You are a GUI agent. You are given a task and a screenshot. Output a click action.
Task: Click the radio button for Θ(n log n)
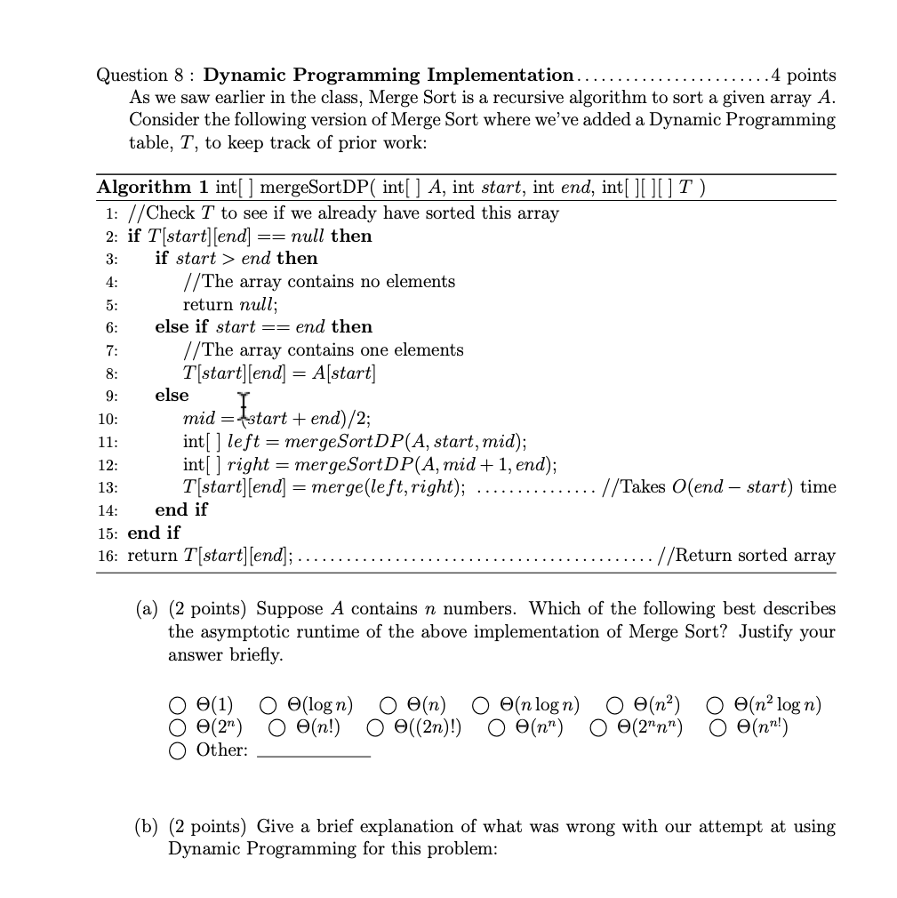click(x=481, y=706)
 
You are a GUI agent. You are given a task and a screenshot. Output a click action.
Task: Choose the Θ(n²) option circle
click(x=615, y=706)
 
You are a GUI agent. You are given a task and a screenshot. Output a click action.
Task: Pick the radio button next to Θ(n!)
click(x=277, y=728)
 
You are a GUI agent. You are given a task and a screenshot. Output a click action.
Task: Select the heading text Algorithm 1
click(x=152, y=188)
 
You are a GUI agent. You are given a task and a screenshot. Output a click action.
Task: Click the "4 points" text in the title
click(x=804, y=75)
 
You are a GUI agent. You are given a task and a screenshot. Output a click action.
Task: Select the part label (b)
click(x=147, y=827)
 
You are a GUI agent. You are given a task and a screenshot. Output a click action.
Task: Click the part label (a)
click(x=147, y=609)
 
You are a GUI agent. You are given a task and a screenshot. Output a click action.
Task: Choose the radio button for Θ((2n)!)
click(x=377, y=728)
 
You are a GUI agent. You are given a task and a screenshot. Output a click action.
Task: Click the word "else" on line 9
click(x=172, y=395)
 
